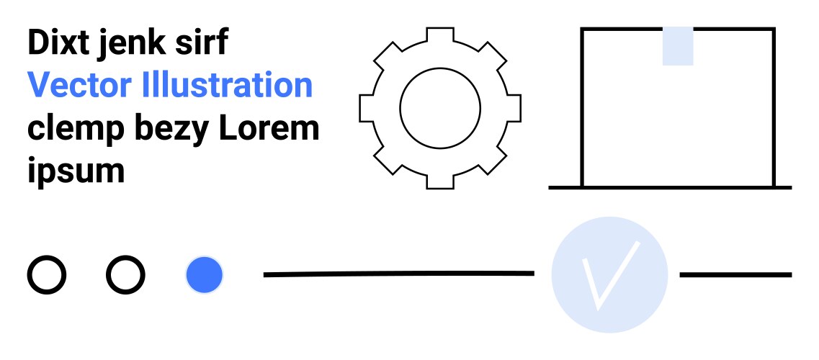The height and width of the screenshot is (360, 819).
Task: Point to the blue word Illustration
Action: [227, 84]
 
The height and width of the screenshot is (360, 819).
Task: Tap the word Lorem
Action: [269, 127]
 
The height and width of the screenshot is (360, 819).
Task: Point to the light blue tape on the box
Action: [677, 46]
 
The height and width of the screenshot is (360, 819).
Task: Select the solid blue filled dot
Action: [205, 274]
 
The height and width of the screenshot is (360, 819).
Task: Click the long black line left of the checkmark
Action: [398, 274]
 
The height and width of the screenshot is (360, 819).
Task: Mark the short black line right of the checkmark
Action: [735, 274]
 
